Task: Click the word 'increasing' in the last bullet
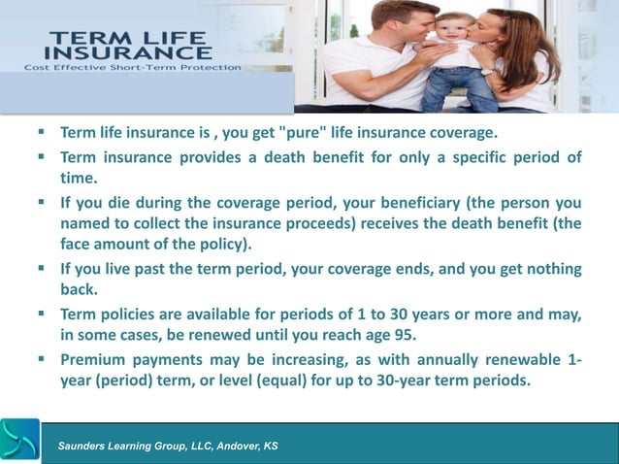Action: pyautogui.click(x=309, y=359)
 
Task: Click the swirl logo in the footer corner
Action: pyautogui.click(x=20, y=440)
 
